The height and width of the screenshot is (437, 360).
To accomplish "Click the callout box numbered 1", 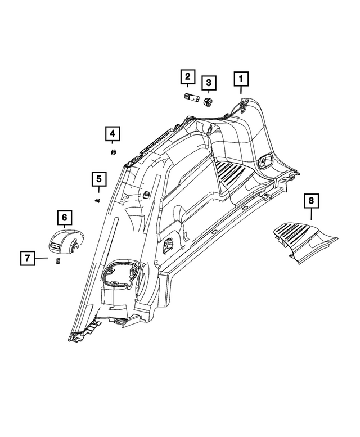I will (242, 79).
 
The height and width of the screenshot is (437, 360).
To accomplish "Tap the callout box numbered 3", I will (209, 84).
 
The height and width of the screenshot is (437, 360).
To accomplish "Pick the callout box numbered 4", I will (112, 134).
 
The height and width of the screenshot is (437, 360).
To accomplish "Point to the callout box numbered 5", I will (98, 179).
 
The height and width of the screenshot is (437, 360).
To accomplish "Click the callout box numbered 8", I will (310, 200).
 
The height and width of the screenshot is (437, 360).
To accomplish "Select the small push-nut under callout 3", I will (209, 101).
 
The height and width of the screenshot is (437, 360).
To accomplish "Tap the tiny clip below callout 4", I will (113, 152).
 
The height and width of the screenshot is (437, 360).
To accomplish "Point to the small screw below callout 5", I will (98, 200).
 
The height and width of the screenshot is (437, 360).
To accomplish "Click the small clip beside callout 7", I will (57, 262).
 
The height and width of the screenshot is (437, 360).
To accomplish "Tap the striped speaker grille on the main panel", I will (231, 172).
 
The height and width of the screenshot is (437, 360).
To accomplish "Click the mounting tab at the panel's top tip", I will (243, 107).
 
